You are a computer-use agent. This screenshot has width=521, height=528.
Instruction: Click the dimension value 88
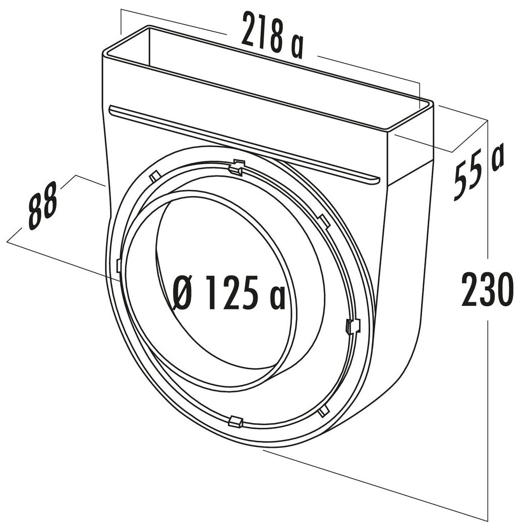pyautogui.click(x=42, y=209)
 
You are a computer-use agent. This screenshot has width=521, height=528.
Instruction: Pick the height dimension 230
pyautogui.click(x=487, y=289)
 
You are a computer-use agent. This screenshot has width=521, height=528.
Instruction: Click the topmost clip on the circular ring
pyautogui.click(x=236, y=168)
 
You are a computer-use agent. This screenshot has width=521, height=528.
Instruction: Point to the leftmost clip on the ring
pyautogui.click(x=118, y=266)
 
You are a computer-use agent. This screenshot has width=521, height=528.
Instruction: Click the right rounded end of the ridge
pyautogui.click(x=375, y=179)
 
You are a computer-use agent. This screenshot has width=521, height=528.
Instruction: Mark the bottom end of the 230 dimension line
pyautogui.click(x=487, y=521)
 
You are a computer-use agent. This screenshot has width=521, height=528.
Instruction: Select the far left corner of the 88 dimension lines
pyautogui.click(x=8, y=242)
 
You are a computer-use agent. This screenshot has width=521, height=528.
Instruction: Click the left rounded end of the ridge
pyautogui.click(x=112, y=109)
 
